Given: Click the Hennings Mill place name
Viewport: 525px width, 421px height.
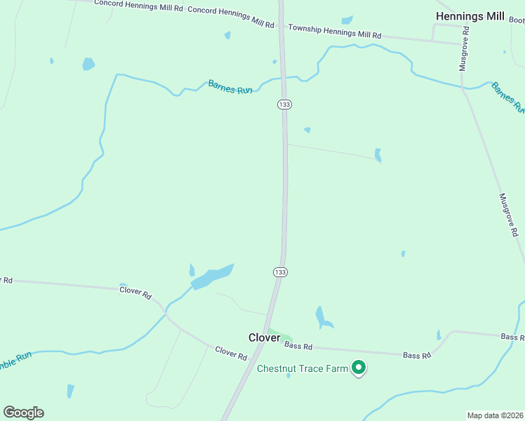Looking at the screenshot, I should point(469,15).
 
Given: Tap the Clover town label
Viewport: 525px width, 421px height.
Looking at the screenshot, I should point(265,338).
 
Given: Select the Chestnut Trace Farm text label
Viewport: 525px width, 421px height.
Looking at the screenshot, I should point(303,368).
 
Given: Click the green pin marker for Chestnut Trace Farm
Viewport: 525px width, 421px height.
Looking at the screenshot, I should point(359,367).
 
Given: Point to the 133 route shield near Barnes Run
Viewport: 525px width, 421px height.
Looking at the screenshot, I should point(284,105).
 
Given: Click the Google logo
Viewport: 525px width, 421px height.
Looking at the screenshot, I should point(23,413).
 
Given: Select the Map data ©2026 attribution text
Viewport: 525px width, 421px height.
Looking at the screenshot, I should point(495,415).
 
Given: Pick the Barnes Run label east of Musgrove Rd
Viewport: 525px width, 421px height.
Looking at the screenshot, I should point(507,97).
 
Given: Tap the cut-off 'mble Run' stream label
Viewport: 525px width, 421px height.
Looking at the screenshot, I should point(15,357).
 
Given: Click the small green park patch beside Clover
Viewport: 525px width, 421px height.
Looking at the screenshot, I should point(279,335).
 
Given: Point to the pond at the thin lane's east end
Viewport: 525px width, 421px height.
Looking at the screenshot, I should point(378,155).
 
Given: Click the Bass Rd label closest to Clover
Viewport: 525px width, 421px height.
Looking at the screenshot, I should point(298,346).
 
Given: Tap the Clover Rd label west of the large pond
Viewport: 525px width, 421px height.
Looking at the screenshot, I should point(135,291).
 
